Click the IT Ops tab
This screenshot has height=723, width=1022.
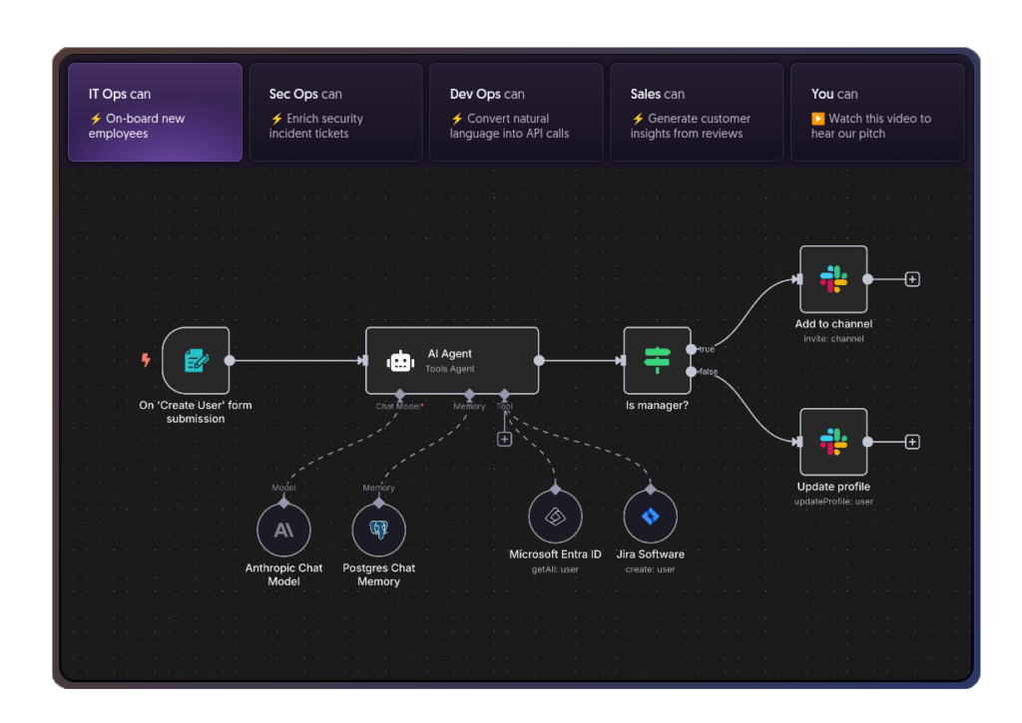pyautogui.click(x=155, y=112)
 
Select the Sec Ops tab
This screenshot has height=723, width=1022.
pyautogui.click(x=335, y=112)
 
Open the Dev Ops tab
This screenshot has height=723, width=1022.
pyautogui.click(x=516, y=112)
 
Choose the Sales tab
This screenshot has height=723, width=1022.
pyautogui.click(x=697, y=112)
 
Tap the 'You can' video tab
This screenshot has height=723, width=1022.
pyautogui.click(x=877, y=112)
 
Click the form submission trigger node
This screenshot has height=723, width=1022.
pyautogui.click(x=196, y=360)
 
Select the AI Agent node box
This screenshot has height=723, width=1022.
pyautogui.click(x=452, y=360)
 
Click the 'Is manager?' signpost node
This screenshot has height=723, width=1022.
pyautogui.click(x=657, y=360)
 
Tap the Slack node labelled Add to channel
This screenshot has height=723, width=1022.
pyautogui.click(x=833, y=279)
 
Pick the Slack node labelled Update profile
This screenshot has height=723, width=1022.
pyautogui.click(x=833, y=442)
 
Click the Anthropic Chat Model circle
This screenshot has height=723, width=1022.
pyautogui.click(x=283, y=530)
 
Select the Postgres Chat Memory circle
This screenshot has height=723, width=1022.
pyautogui.click(x=378, y=530)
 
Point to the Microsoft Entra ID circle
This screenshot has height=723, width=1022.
pyautogui.click(x=555, y=517)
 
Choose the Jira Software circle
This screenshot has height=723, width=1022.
pyautogui.click(x=650, y=517)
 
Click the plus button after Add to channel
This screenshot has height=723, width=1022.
pyautogui.click(x=912, y=279)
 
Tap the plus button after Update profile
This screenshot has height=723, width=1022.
pyautogui.click(x=912, y=442)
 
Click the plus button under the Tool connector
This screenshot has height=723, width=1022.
pyautogui.click(x=504, y=439)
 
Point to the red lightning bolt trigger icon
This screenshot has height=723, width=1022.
pyautogui.click(x=146, y=360)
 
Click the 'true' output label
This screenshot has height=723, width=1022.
pyautogui.click(x=707, y=349)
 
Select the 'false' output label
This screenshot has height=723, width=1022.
pyautogui.click(x=708, y=372)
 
